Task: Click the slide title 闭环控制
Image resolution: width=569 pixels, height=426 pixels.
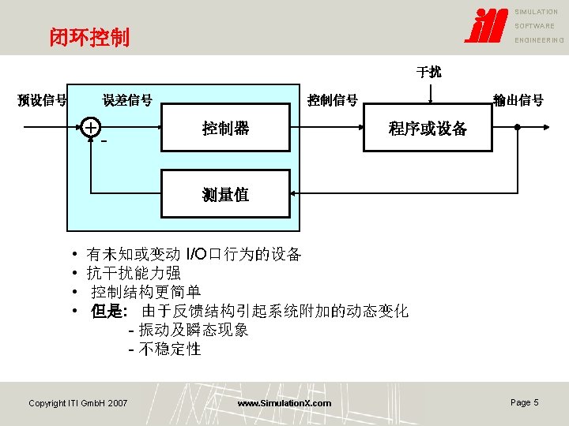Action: [89, 37]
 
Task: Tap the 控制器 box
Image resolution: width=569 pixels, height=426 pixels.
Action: [225, 128]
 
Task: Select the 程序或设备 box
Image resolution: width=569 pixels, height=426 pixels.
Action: [428, 128]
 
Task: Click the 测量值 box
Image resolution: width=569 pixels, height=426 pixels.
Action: [225, 194]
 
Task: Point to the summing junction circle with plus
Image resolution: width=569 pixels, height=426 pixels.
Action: [92, 128]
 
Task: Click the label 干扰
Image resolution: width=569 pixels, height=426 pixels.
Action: [429, 73]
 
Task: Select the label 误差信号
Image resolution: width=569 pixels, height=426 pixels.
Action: [127, 100]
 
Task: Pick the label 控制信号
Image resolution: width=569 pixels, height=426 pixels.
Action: [333, 100]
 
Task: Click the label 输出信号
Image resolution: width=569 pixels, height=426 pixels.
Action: [518, 100]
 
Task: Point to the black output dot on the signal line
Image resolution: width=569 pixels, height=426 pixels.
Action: [516, 128]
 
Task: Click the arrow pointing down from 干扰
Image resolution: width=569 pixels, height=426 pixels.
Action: [429, 94]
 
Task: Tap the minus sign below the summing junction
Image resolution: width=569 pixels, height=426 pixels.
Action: [104, 142]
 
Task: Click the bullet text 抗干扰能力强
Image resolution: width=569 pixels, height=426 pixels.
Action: [134, 273]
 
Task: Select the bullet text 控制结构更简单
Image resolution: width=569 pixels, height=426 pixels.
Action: [145, 292]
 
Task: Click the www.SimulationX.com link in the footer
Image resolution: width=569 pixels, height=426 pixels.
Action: [284, 403]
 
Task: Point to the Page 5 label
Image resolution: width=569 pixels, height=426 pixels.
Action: [524, 402]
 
